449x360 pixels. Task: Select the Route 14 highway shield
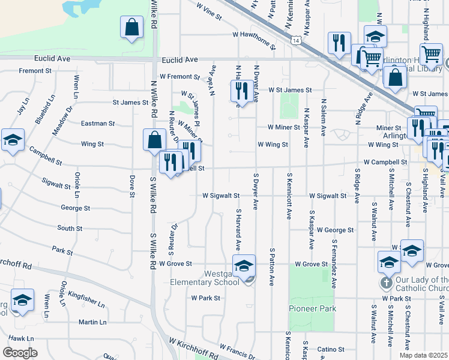coord(296,41)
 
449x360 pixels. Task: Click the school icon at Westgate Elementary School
coord(244,265)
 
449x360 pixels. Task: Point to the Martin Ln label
coord(92,322)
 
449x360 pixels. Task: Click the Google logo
coord(20,353)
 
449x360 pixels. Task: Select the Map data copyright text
coord(423,355)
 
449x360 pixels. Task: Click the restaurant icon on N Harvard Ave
coord(241,91)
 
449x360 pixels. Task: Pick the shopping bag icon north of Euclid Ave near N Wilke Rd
coord(132,27)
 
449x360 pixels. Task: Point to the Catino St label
coord(330,349)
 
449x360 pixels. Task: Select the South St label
coord(70,229)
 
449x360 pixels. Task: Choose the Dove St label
coord(130,186)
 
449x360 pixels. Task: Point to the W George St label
coord(335,230)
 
